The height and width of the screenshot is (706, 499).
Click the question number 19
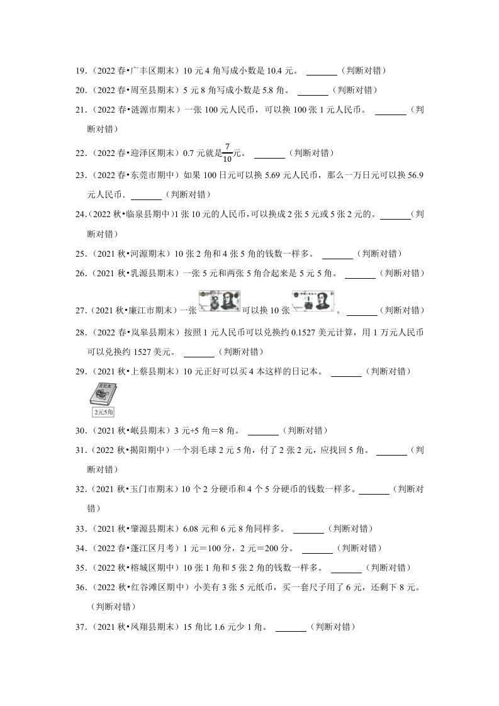(x=81, y=71)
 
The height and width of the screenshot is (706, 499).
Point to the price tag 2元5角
(x=103, y=412)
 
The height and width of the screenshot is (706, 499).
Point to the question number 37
(x=81, y=627)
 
